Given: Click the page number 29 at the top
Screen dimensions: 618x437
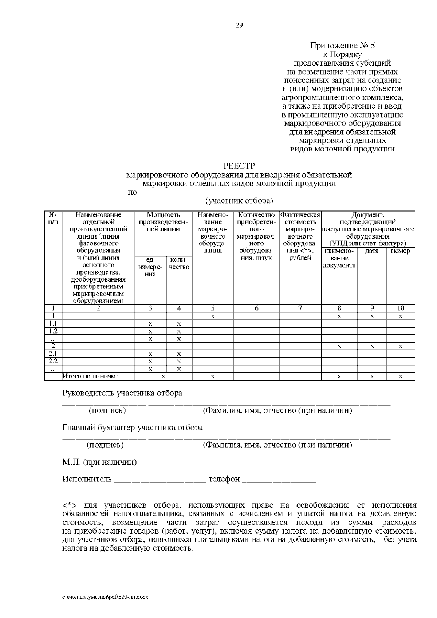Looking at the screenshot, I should pyautogui.click(x=239, y=25).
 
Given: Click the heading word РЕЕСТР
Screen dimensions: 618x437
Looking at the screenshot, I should pyautogui.click(x=239, y=166).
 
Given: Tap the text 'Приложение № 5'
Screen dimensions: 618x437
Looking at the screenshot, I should pyautogui.click(x=342, y=46).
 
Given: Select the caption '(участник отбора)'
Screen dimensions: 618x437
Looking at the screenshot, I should pyautogui.click(x=239, y=201).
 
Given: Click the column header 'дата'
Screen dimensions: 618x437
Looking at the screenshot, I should pyautogui.click(x=372, y=251).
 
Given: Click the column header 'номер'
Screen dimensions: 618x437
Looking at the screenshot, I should pyautogui.click(x=400, y=251).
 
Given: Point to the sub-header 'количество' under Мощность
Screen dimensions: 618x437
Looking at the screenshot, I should pyautogui.click(x=179, y=264).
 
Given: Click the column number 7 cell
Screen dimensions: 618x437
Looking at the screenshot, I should pyautogui.click(x=300, y=308).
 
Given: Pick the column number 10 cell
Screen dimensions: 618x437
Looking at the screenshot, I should pyautogui.click(x=401, y=308).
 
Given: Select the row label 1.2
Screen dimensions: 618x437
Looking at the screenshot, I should pyautogui.click(x=53, y=331).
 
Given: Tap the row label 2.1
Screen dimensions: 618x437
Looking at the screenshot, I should pyautogui.click(x=53, y=354).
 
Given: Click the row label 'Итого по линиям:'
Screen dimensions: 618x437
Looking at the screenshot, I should pyautogui.click(x=90, y=377).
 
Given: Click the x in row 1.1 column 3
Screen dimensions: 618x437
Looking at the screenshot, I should pyautogui.click(x=150, y=323).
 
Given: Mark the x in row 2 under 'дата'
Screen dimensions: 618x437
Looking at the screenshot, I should pyautogui.click(x=372, y=346).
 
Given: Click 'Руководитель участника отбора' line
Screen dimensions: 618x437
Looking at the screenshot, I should pyautogui.click(x=122, y=393).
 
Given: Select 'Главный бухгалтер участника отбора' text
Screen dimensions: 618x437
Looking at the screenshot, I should pyautogui.click(x=133, y=428).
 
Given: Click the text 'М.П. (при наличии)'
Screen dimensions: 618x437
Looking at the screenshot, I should pyautogui.click(x=99, y=462).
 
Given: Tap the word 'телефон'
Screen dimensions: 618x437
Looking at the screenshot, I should pyautogui.click(x=224, y=479).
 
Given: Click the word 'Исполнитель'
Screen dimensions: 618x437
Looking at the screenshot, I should pyautogui.click(x=87, y=479).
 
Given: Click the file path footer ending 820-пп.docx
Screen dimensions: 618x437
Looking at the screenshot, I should pyautogui.click(x=105, y=597).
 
